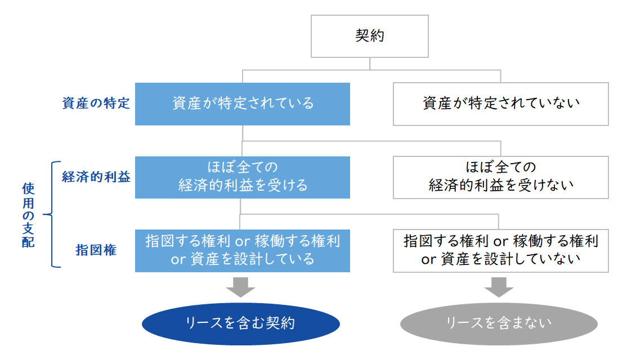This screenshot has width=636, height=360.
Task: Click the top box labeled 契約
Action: pos(370,36)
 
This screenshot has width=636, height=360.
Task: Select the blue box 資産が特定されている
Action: pos(243,104)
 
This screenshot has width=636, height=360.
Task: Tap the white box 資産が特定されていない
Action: pos(500,104)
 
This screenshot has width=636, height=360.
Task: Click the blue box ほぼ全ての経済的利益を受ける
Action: pos(243,177)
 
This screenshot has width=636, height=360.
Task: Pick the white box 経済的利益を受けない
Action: pos(500,177)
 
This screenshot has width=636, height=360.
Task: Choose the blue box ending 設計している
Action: pos(243,250)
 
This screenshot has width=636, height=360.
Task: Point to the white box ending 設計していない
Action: pos(500,250)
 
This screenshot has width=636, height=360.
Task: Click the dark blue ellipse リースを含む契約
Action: pos(241,323)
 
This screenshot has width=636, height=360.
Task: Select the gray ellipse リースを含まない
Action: pos(499,323)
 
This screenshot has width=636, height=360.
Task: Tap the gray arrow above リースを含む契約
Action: pos(240,287)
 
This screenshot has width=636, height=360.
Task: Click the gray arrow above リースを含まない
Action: pos(499,287)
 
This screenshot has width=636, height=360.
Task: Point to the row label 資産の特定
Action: pos(96,103)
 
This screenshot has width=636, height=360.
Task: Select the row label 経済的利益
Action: pos(96,177)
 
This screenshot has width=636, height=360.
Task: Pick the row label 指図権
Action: pos(96,250)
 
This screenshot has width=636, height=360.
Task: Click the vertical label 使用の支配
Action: pos(28,215)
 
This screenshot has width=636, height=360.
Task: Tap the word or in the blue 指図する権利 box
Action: pos(243,241)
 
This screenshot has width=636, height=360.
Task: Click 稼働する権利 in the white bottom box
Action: pos(556,241)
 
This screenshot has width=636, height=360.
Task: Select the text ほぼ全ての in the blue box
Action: pos(243,167)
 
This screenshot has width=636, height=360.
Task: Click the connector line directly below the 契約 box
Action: pos(370,64)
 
